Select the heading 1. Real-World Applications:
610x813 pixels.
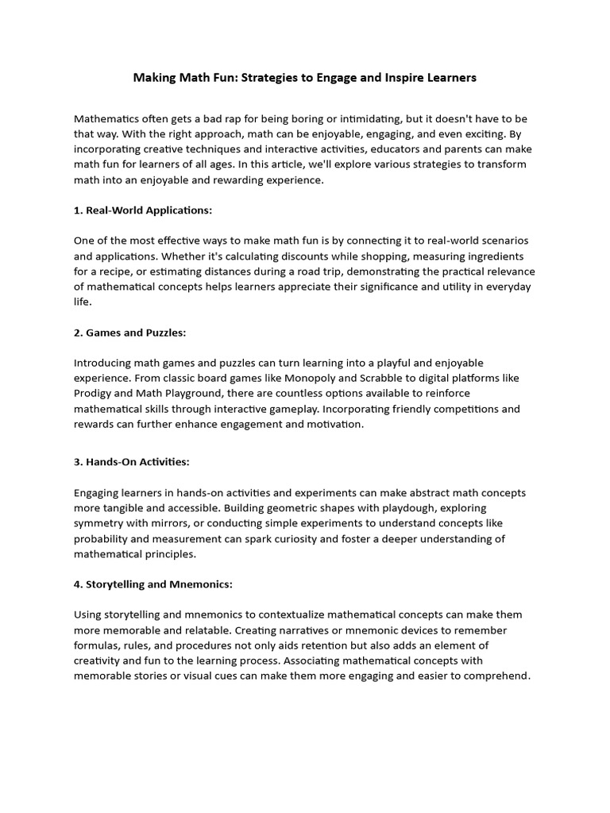click(x=143, y=210)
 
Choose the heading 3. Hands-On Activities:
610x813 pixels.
click(x=131, y=461)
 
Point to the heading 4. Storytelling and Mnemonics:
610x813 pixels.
click(x=152, y=584)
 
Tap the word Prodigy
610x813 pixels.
click(x=95, y=393)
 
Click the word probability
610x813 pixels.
click(x=103, y=539)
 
